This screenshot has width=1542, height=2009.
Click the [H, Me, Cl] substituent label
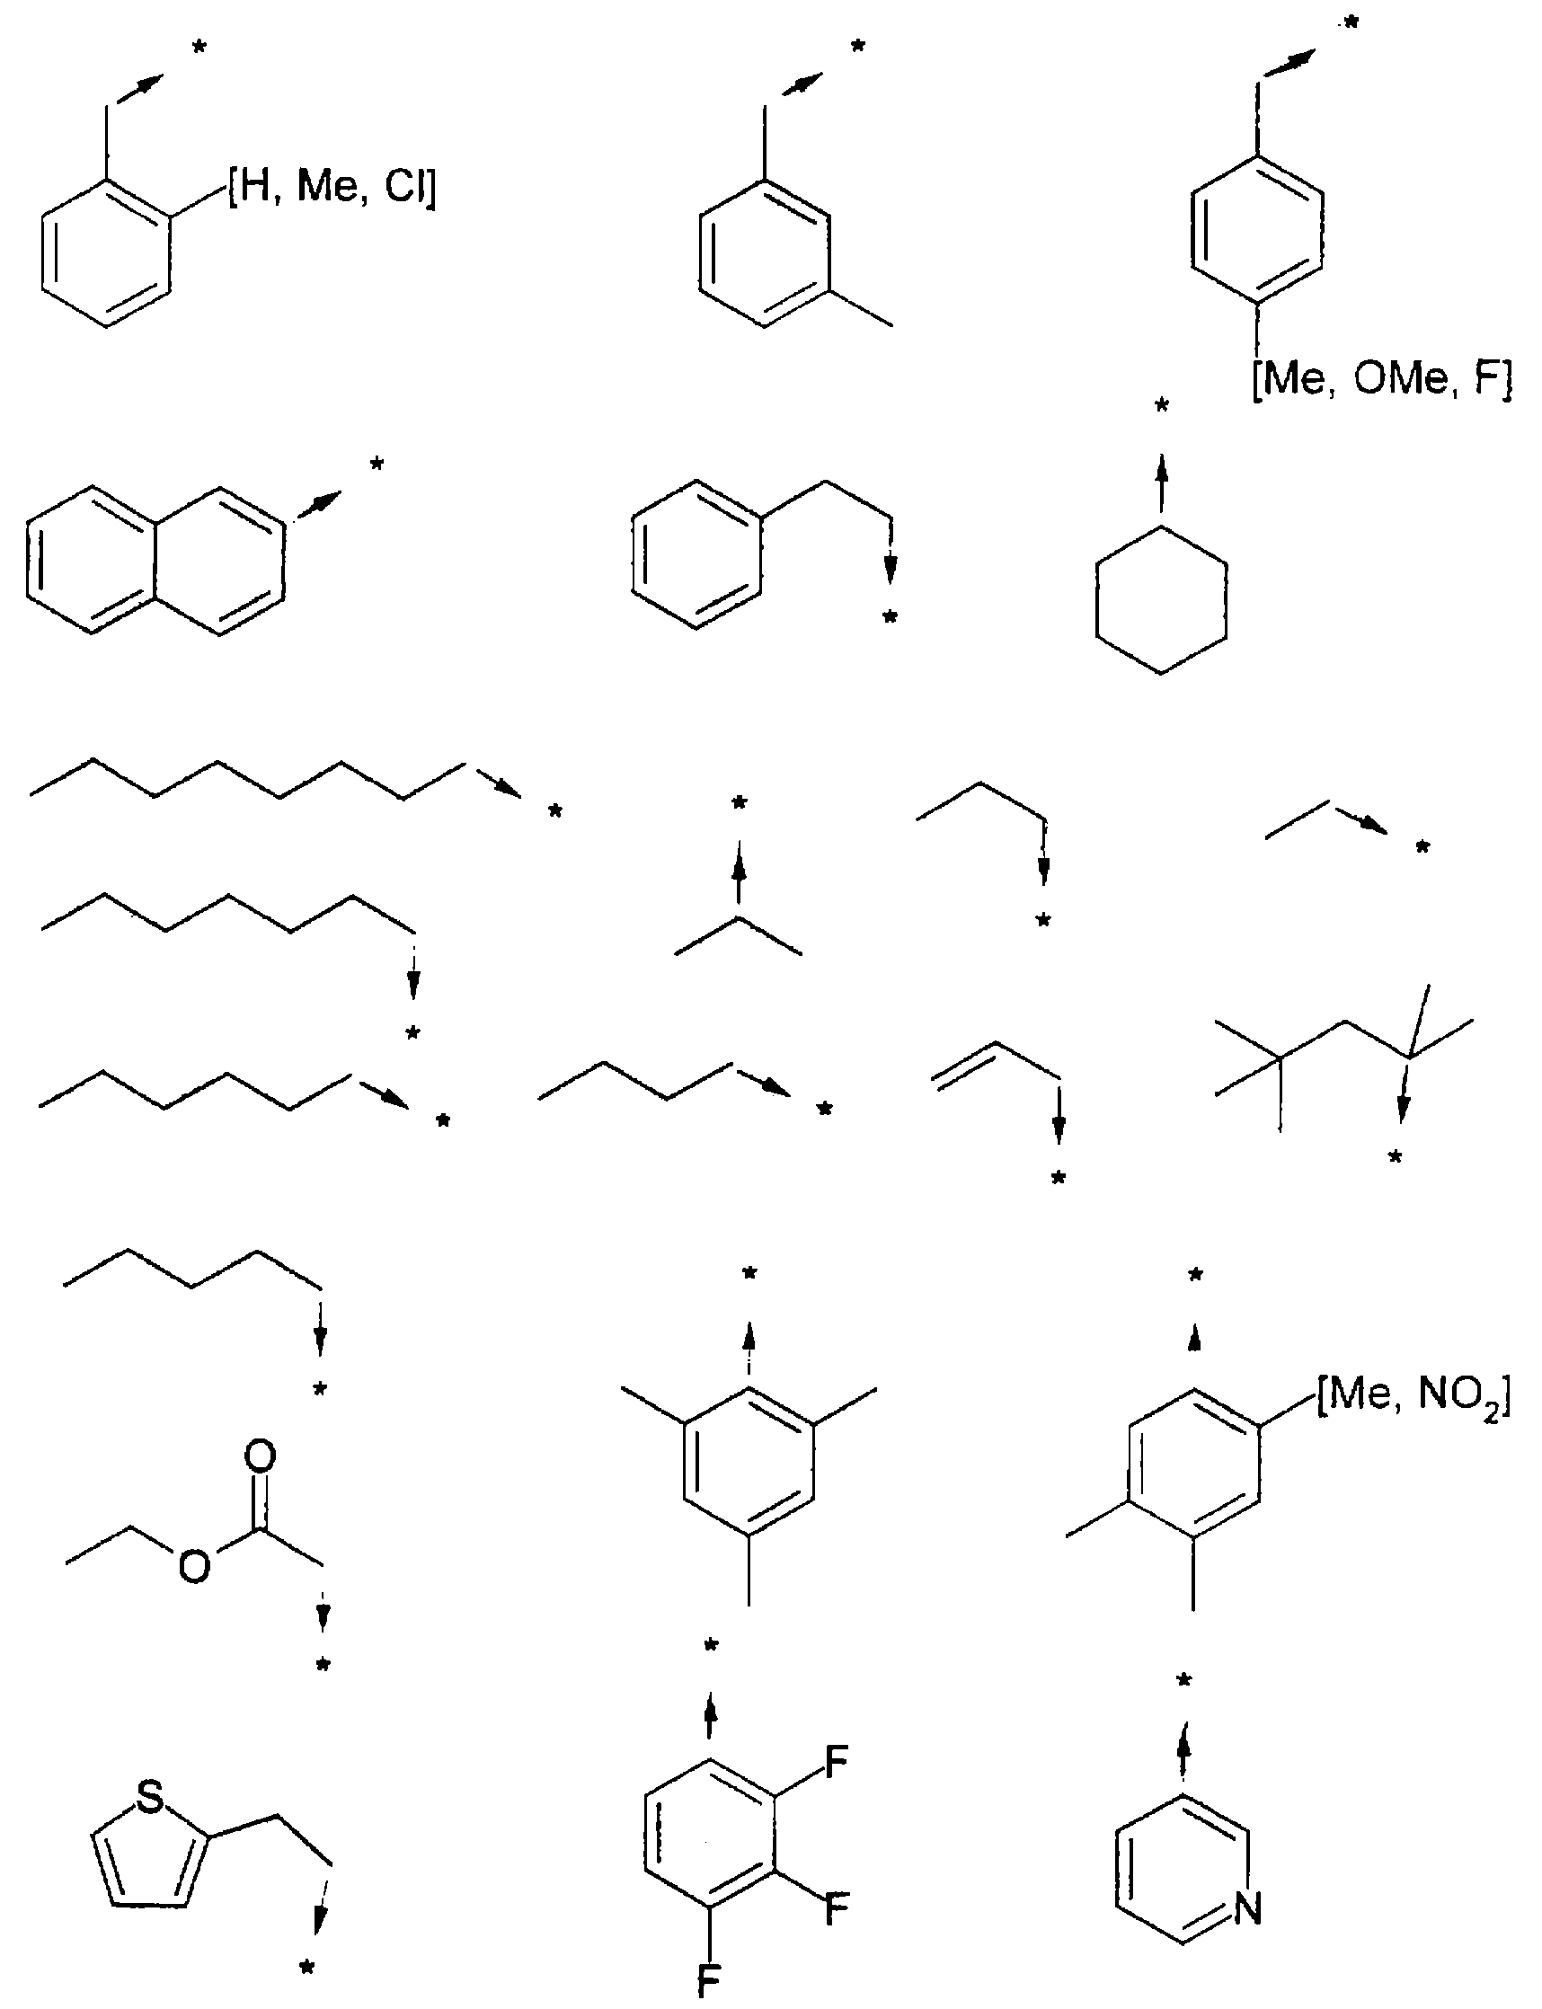(332, 188)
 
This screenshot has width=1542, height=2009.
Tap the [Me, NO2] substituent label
(1413, 1400)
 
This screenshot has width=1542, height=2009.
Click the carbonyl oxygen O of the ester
(261, 1457)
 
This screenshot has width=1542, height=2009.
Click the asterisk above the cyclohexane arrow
(1161, 404)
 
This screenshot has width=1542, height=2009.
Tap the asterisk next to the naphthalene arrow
(377, 465)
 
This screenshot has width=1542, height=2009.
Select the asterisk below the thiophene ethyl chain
(307, 1968)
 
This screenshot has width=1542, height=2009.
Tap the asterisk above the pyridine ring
(1195, 1275)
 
